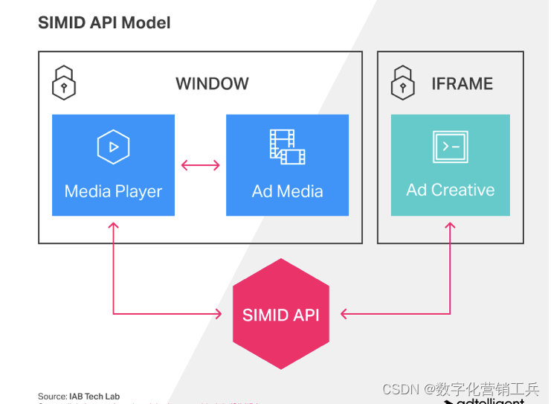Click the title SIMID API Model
coord(104,23)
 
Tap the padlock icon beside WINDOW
coord(64,83)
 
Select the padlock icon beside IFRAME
coord(402,83)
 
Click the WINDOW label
coord(212,83)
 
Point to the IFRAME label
coord(462,83)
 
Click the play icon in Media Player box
coord(114,147)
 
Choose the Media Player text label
coord(113,191)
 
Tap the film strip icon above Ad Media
coord(287,147)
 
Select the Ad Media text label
coord(287,191)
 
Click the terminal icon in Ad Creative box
coord(451,147)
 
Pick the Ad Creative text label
coord(451,190)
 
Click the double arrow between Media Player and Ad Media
coord(201,165)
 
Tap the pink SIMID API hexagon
coord(280,314)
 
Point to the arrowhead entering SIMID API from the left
coord(218,314)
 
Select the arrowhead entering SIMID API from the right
coord(344,314)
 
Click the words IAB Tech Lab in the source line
coord(94,397)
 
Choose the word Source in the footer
coord(52,397)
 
